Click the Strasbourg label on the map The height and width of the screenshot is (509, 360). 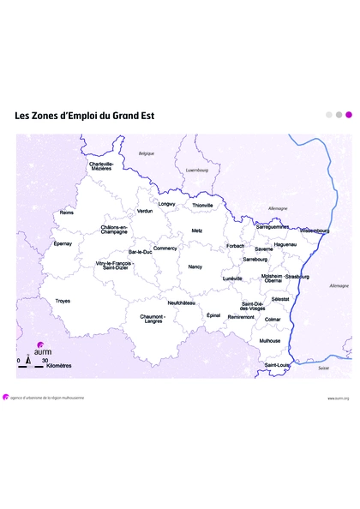(x=297, y=277)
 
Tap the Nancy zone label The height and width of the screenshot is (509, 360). (x=195, y=267)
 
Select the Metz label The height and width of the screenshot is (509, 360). (x=197, y=231)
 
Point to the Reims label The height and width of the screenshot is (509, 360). (x=66, y=213)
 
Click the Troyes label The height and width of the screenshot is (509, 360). (x=63, y=301)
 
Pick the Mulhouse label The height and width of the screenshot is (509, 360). (x=270, y=340)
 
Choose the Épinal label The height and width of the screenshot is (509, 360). (x=213, y=314)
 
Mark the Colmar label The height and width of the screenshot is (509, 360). (x=273, y=319)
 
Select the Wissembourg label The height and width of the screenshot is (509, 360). (x=315, y=231)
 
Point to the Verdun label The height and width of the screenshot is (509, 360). (x=145, y=211)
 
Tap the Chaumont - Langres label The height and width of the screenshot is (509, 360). (x=153, y=319)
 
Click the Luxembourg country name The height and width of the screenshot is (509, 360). (x=197, y=170)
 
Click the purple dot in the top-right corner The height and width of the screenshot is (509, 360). (x=348, y=114)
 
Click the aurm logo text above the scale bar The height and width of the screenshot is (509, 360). (x=41, y=352)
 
